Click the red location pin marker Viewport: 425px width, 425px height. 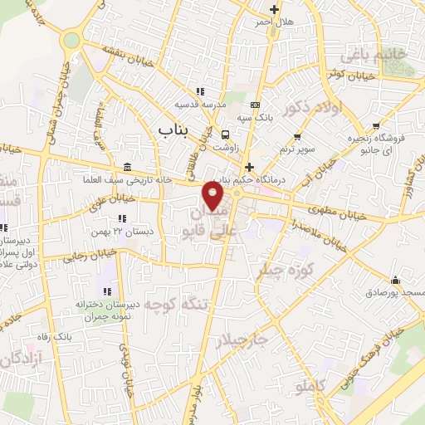click(212, 197)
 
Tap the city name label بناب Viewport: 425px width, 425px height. click(173, 129)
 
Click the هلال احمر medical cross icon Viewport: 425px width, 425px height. click(274, 9)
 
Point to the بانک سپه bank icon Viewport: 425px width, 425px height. click(254, 105)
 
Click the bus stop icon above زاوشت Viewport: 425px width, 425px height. click(226, 134)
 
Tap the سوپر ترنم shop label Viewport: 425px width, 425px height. click(297, 148)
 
